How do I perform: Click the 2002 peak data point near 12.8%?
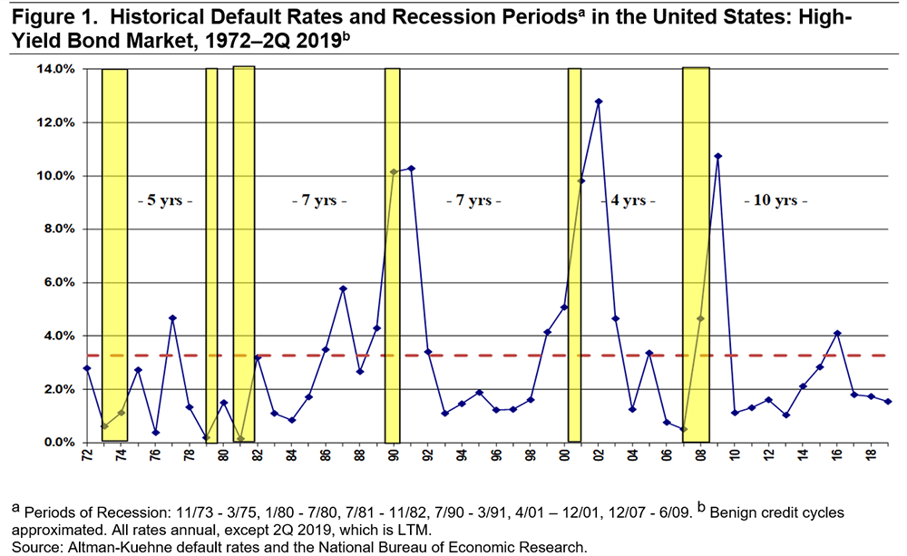coord(599,102)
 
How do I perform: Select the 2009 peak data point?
coord(717,156)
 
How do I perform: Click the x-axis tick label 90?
coord(393,455)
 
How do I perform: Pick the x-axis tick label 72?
coord(87,455)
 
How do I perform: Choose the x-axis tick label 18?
coord(871,455)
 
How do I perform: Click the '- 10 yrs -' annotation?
coord(775,200)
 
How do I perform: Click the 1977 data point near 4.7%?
coord(172,318)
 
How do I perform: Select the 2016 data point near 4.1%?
coord(837,333)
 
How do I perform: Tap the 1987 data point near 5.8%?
coord(343,288)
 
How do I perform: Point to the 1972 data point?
coord(87,368)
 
